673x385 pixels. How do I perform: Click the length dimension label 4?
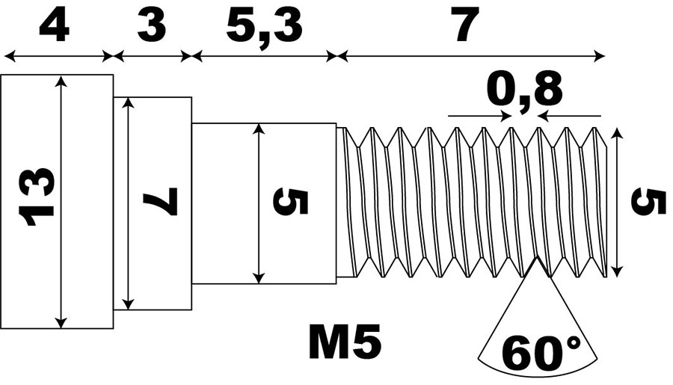pyautogui.click(x=54, y=26)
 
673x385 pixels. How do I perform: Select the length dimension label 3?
pyautogui.click(x=152, y=26)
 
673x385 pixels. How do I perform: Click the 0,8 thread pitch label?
pyautogui.click(x=524, y=90)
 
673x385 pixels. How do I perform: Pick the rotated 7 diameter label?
pyautogui.click(x=161, y=201)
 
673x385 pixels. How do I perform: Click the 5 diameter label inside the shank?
pyautogui.click(x=291, y=202)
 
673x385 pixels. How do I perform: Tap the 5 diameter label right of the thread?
pyautogui.click(x=648, y=202)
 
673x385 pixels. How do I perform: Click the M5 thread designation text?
pyautogui.click(x=345, y=341)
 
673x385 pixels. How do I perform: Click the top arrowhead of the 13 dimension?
pyautogui.click(x=62, y=81)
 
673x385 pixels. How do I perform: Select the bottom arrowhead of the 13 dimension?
pyautogui.click(x=62, y=322)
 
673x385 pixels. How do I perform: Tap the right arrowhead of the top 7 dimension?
pyautogui.click(x=599, y=55)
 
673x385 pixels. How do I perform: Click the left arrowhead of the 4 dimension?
pyautogui.click(x=10, y=55)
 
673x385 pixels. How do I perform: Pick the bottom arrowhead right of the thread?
pyautogui.click(x=617, y=271)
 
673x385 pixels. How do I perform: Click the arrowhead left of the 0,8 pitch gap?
pyautogui.click(x=505, y=116)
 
